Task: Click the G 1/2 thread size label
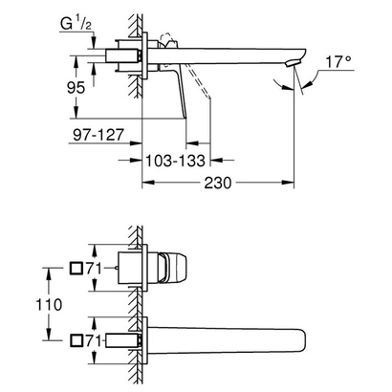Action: click(76, 24)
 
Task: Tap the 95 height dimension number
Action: click(76, 88)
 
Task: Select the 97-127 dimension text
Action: click(98, 135)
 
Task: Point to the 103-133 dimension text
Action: click(175, 161)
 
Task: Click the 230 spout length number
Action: click(218, 183)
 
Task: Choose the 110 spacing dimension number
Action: click(49, 305)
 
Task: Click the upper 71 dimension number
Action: click(93, 269)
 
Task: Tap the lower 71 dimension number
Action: click(93, 341)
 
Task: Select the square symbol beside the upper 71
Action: click(76, 269)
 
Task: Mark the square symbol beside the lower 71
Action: click(76, 340)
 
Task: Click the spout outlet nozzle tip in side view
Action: click(294, 63)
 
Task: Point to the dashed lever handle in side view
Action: click(198, 80)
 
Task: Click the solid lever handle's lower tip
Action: click(185, 118)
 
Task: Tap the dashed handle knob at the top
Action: click(167, 39)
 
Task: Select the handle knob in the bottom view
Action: click(172, 268)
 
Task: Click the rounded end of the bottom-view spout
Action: click(303, 340)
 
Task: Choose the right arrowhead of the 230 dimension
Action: click(288, 183)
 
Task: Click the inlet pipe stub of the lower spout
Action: click(123, 340)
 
